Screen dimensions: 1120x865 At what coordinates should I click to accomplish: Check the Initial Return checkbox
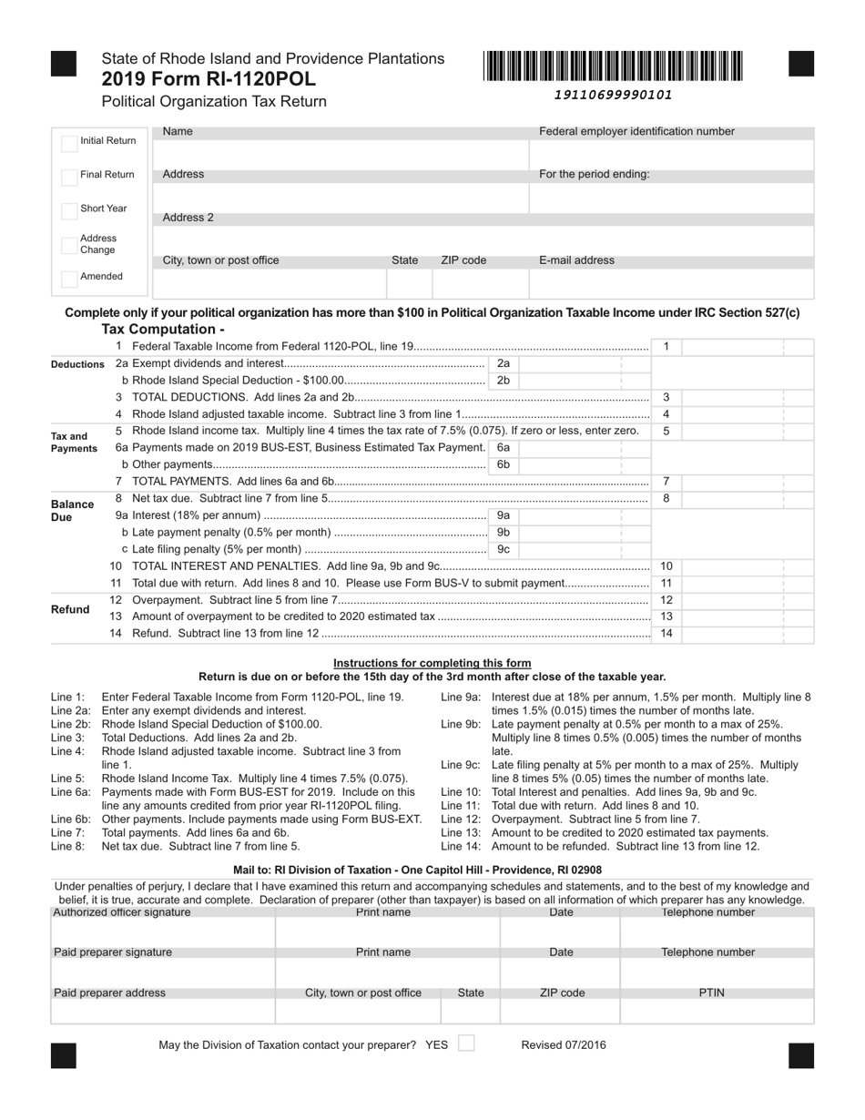tap(69, 143)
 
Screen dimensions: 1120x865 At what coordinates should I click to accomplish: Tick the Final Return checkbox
tap(69, 177)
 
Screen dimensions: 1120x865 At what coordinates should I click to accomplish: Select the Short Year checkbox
tap(69, 210)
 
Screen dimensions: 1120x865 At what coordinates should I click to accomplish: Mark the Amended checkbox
tap(69, 278)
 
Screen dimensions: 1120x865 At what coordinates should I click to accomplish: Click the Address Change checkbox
tap(69, 245)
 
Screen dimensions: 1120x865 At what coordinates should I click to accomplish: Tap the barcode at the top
tap(613, 66)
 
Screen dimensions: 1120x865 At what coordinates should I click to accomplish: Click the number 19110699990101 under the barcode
tap(613, 95)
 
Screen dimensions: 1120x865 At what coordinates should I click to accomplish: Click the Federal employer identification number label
tap(636, 131)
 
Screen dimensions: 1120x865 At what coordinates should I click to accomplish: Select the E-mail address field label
tap(576, 260)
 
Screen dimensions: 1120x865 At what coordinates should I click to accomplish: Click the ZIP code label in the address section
tap(463, 260)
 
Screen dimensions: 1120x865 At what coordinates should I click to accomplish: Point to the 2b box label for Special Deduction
tap(504, 381)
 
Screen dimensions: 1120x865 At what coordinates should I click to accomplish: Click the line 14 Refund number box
tap(667, 633)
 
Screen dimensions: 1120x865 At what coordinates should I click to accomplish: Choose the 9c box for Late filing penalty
tap(504, 549)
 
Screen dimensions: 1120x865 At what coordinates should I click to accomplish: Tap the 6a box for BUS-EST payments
tap(504, 448)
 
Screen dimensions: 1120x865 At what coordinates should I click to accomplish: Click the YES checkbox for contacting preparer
tap(465, 1044)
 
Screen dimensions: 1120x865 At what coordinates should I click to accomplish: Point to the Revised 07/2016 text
tap(563, 1045)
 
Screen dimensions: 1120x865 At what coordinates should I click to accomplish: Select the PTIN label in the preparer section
tap(711, 993)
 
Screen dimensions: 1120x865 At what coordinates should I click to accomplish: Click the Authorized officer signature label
tap(122, 911)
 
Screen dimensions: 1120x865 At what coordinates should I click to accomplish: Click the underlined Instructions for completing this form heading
tap(432, 663)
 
